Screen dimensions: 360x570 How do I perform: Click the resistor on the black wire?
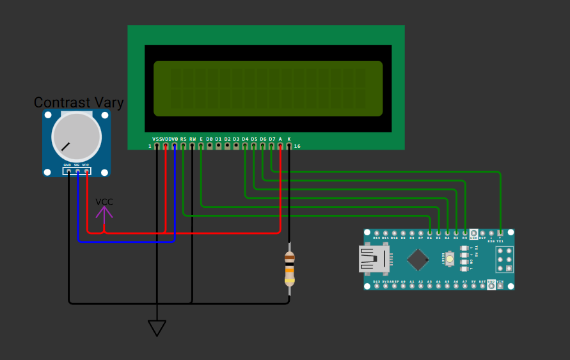(289, 269)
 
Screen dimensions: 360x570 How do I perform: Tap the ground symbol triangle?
(157, 327)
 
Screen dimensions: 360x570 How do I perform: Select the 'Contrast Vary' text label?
(79, 102)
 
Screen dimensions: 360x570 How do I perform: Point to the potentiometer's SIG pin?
(77, 171)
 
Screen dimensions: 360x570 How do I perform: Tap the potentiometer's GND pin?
(67, 171)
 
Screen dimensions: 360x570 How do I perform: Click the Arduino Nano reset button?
(450, 259)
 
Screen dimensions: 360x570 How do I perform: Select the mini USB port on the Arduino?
(374, 259)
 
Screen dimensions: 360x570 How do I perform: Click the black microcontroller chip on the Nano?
(418, 260)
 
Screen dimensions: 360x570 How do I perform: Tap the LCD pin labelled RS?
(184, 146)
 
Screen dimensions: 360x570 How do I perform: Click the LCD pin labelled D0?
(210, 146)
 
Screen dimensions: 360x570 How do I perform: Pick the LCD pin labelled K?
(289, 146)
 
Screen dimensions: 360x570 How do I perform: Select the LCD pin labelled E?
(201, 146)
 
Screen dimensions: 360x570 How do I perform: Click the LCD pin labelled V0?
(175, 146)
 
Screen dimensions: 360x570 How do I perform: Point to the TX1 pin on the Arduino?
(500, 233)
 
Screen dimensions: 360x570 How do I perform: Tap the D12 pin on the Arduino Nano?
(377, 233)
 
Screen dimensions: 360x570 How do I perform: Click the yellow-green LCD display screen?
(268, 88)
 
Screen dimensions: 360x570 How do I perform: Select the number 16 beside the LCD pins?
(297, 146)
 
